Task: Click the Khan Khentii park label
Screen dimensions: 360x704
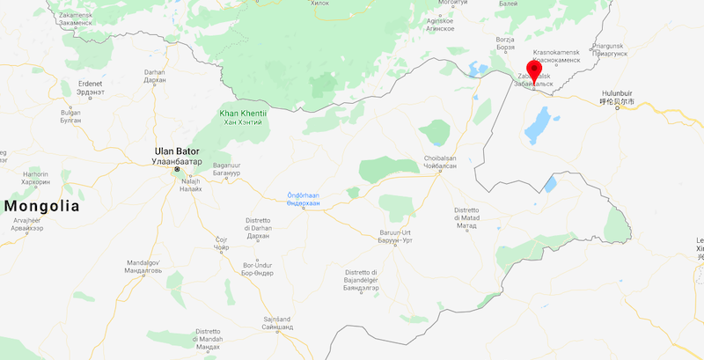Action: coord(242,117)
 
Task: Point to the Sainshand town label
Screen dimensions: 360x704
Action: coord(277,323)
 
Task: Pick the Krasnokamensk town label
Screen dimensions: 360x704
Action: coord(556,56)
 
